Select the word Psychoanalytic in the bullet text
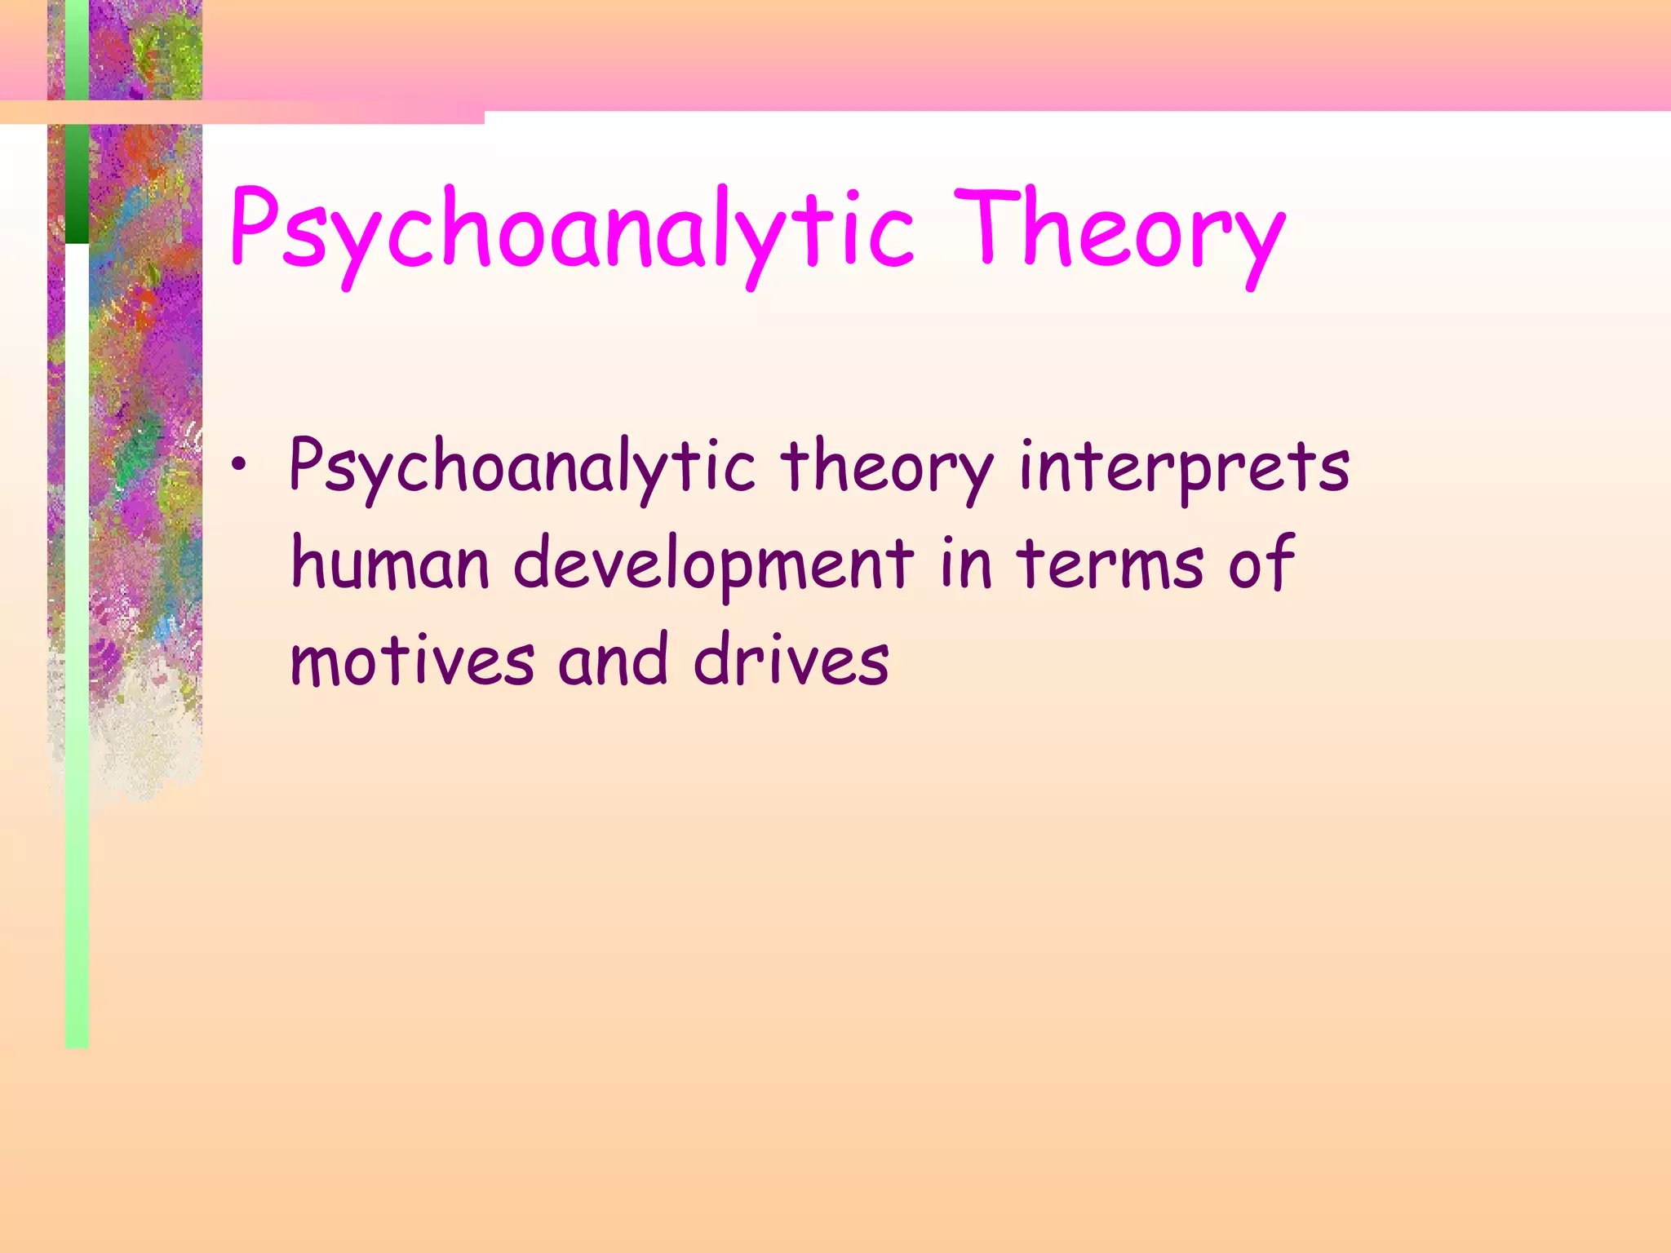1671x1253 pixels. (522, 468)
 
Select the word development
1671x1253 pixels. (714, 565)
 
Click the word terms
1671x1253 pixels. (1110, 565)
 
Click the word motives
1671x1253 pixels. (413, 661)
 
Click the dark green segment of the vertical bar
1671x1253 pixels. (77, 184)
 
